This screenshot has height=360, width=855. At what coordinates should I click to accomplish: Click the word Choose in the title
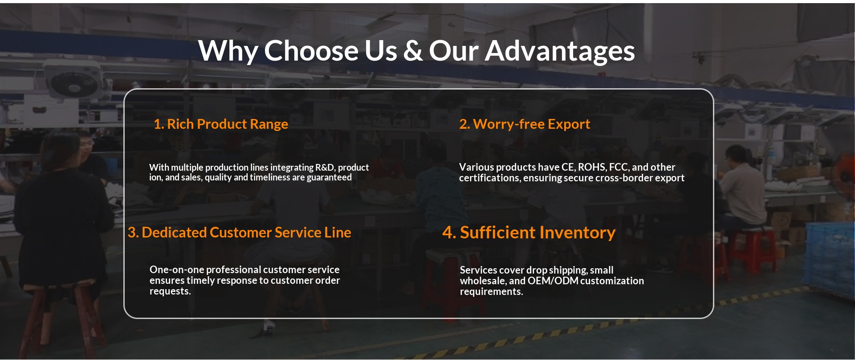[x=312, y=51]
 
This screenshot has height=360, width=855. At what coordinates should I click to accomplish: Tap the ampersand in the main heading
[x=413, y=51]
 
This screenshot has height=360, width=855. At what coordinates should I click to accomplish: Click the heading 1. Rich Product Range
[x=221, y=124]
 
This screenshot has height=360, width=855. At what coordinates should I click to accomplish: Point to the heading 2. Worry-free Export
[x=525, y=124]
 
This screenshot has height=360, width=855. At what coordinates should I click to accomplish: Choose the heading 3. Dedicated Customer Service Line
[x=240, y=233]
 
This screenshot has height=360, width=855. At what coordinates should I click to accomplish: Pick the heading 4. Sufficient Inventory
[x=529, y=233]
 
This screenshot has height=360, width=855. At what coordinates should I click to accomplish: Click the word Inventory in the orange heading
[x=578, y=233]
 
